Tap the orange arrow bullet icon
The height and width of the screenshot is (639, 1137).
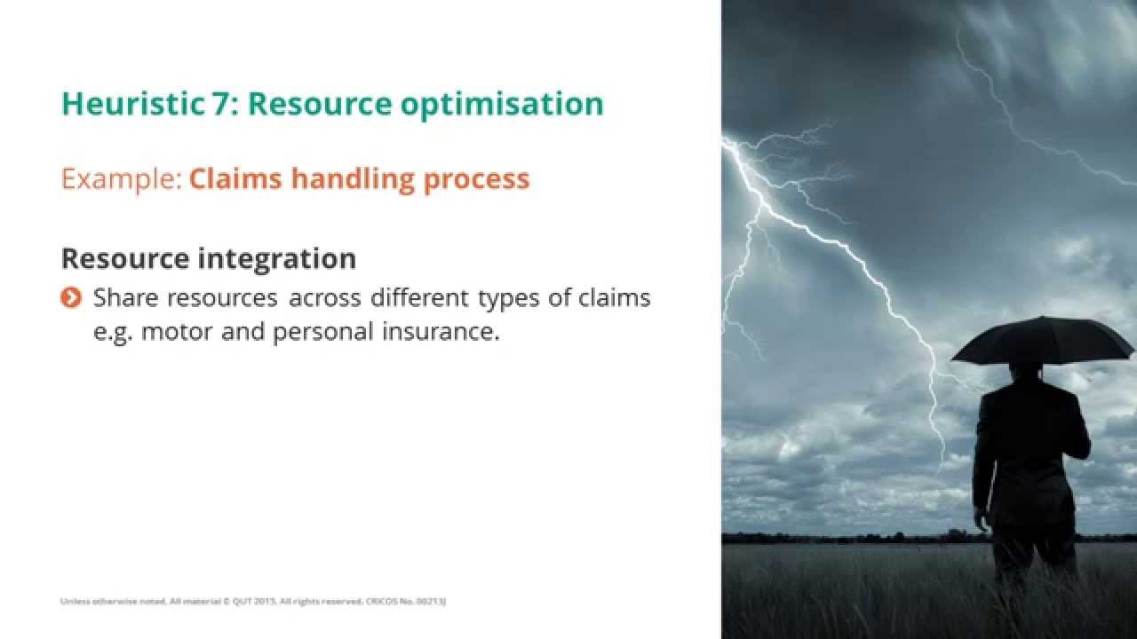[71, 298]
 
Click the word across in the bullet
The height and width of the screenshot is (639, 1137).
[324, 298]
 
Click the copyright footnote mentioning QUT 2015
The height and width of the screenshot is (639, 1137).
[253, 602]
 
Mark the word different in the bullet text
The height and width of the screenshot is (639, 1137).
[420, 298]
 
